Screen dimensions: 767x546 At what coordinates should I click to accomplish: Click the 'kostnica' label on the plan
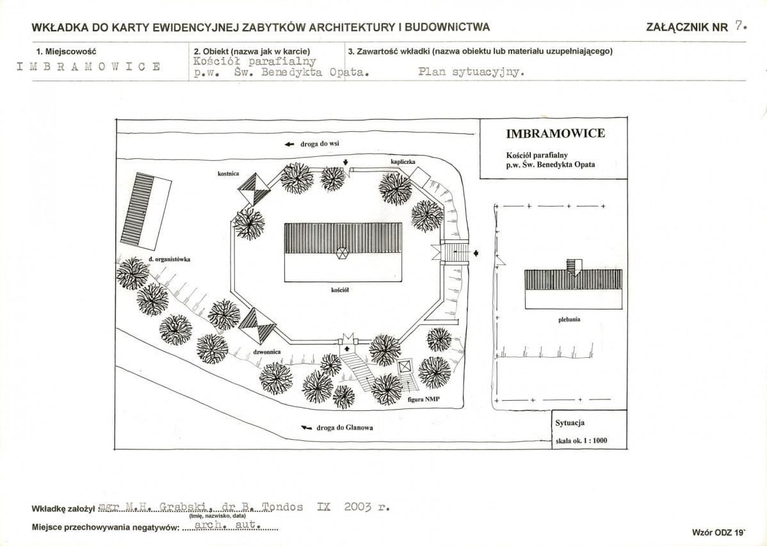click(x=229, y=173)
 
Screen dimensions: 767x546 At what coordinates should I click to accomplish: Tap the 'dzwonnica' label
click(x=266, y=352)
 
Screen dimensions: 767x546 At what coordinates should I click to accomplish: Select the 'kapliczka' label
click(x=403, y=161)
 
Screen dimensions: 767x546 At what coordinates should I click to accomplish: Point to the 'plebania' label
click(x=569, y=319)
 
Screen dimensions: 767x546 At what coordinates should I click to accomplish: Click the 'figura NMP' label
click(x=424, y=399)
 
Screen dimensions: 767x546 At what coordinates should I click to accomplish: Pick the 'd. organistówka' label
click(x=169, y=259)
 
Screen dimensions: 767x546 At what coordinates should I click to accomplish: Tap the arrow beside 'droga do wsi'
click(x=289, y=144)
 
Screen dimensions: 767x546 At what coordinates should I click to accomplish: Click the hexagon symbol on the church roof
click(x=342, y=252)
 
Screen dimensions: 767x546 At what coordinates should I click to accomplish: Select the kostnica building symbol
click(x=254, y=189)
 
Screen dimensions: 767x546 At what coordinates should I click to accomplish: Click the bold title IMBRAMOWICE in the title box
click(x=555, y=133)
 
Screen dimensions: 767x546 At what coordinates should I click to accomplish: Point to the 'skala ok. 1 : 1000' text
click(x=581, y=440)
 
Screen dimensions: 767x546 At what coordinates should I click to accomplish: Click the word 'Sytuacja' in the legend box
click(x=570, y=422)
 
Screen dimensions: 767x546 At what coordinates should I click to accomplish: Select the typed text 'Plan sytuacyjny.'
click(x=471, y=72)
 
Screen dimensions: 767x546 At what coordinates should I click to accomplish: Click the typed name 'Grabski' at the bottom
click(x=184, y=508)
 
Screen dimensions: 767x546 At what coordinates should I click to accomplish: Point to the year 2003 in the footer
click(x=358, y=507)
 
